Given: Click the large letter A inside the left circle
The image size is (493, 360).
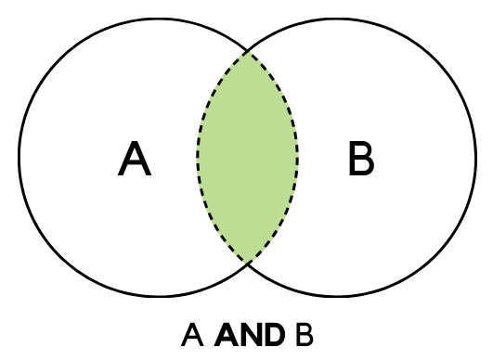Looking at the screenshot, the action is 136,161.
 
